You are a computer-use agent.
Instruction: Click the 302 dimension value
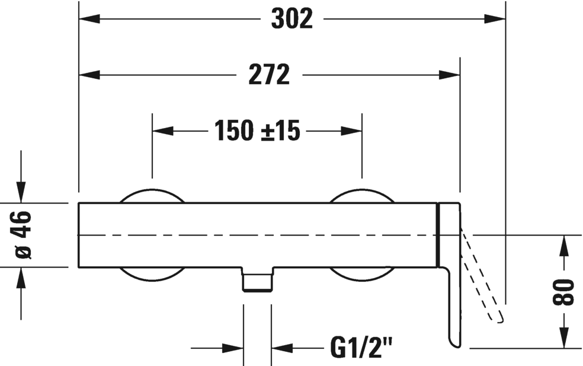coord(292,19)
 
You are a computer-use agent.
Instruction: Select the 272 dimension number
coord(269,75)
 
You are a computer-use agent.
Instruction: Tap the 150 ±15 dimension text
coord(257,131)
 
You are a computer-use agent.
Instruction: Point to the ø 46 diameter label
coord(23,235)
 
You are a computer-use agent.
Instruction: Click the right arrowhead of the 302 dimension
coord(495,19)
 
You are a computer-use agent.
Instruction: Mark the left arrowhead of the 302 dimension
coord(89,19)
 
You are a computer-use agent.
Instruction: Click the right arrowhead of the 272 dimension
coord(450,75)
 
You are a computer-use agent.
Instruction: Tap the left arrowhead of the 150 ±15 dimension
coord(163,131)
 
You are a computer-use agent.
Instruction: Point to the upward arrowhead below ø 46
coord(22,277)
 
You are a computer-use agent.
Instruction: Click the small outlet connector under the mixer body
coord(257,279)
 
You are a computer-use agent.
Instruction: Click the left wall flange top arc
coord(152,196)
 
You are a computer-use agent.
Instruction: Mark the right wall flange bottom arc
coord(361,273)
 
